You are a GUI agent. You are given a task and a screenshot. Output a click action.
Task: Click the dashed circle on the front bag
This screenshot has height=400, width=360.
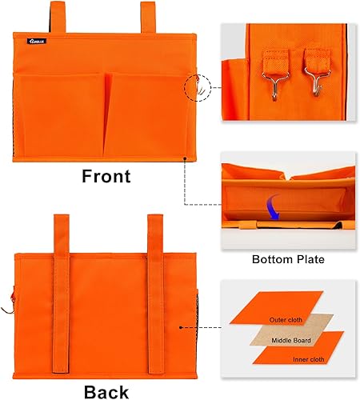[x=198, y=88]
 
